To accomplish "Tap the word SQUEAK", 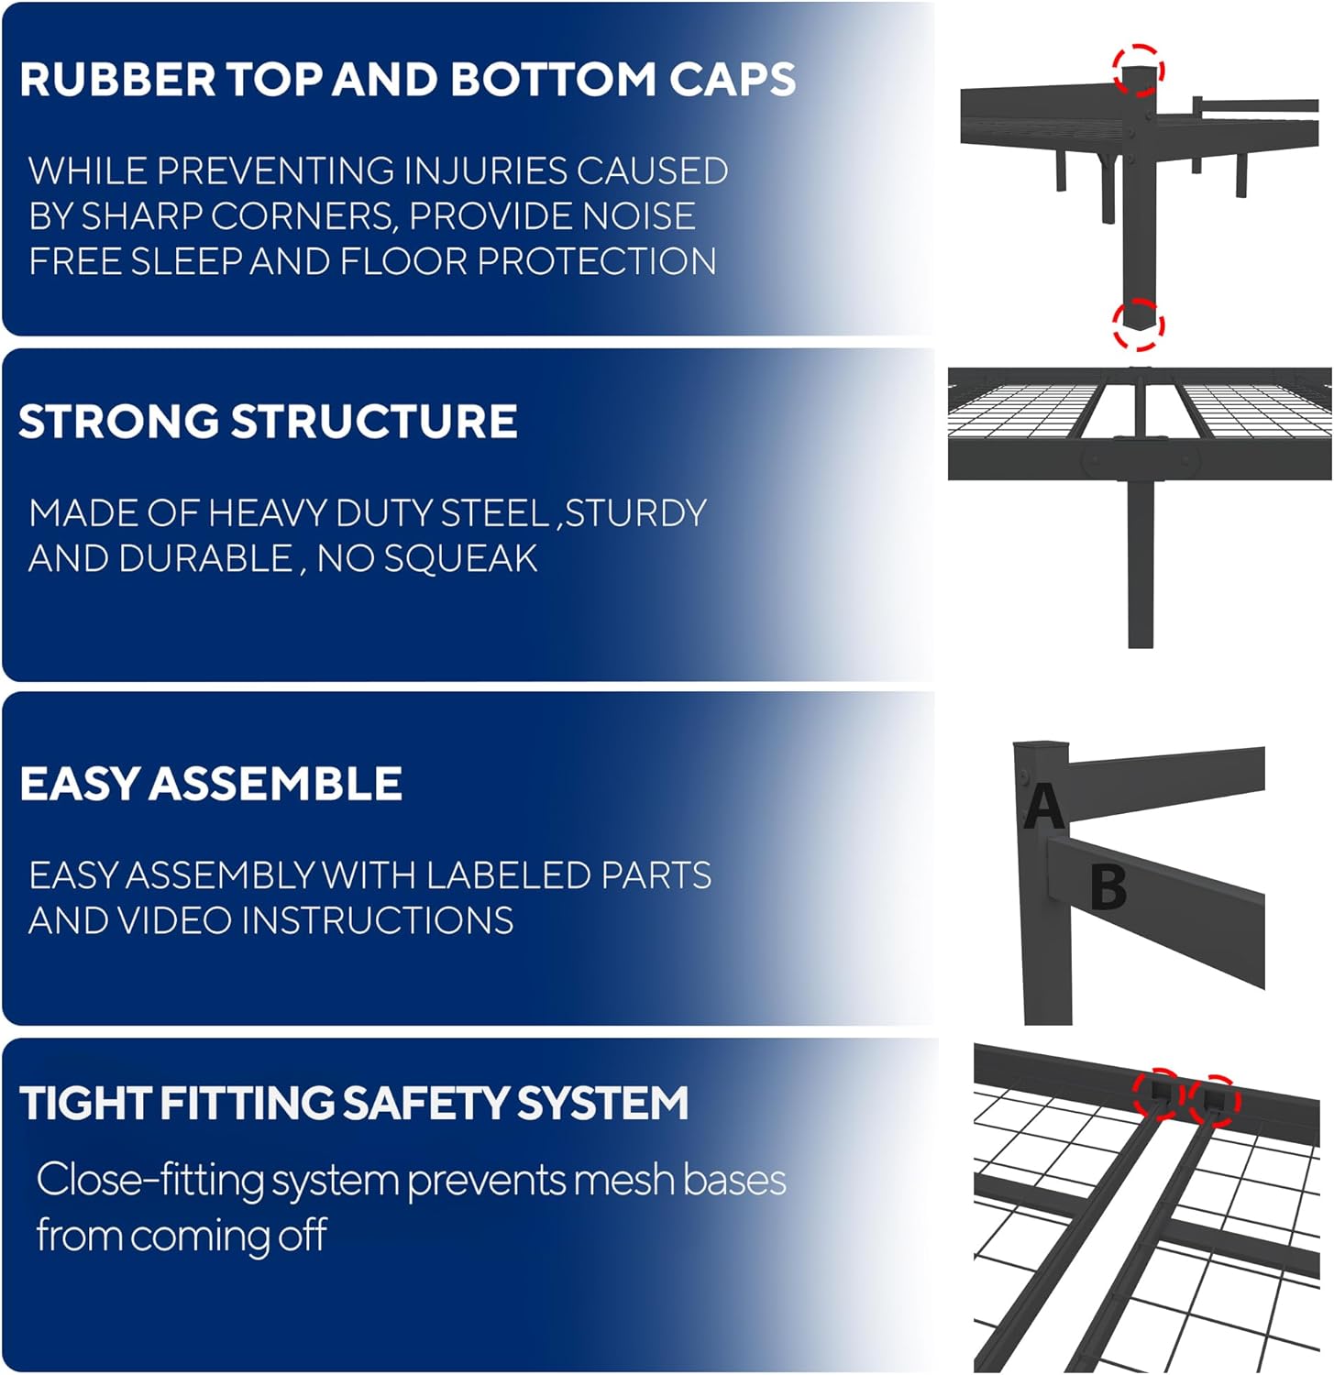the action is pyautogui.click(x=460, y=558).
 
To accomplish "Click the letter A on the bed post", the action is pyautogui.click(x=1044, y=807).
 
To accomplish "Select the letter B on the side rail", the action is pyautogui.click(x=1108, y=887).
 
